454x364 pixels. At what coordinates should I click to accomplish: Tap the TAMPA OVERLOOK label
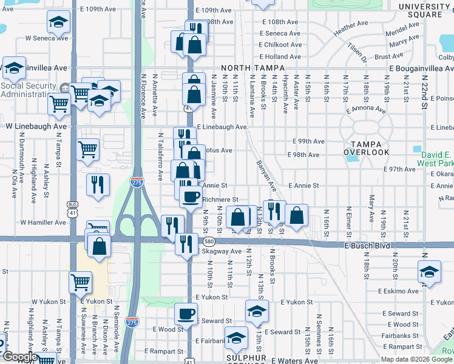[x=366, y=147]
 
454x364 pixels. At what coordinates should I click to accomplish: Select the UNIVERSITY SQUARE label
[x=424, y=10]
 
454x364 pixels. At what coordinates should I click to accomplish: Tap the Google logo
[x=19, y=357]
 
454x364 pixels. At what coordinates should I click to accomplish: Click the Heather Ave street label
[x=351, y=27]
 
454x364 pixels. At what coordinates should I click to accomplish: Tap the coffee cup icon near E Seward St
[x=186, y=314]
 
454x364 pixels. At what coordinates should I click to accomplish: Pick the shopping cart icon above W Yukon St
[x=80, y=282]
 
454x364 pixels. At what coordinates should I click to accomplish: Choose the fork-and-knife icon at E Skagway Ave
[x=186, y=244]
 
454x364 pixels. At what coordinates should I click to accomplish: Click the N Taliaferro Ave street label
[x=161, y=157]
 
